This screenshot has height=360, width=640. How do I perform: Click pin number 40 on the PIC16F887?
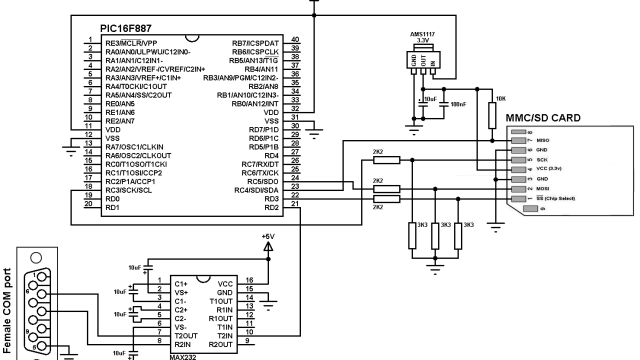pos(296,43)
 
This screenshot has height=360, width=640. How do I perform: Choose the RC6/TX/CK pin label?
pos(257,172)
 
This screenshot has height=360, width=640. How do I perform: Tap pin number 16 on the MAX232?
pos(250,283)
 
